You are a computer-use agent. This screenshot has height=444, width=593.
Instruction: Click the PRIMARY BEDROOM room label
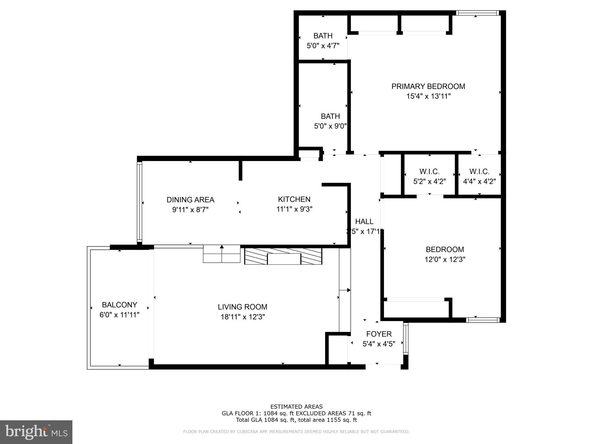pos(428,86)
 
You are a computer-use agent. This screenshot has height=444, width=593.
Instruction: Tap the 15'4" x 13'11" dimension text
pos(428,96)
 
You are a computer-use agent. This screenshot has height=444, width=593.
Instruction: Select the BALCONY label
pos(119,305)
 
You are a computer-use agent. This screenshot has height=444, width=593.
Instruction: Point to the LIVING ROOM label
pos(242,307)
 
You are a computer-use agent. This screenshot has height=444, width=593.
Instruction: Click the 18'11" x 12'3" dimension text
pos(242,317)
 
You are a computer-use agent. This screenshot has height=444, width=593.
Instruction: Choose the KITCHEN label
pos(294,199)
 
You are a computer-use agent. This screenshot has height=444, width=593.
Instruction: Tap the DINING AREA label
pos(190,200)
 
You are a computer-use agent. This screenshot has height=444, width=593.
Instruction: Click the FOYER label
pos(379,334)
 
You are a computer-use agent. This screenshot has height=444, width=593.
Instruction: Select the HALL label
pos(364,221)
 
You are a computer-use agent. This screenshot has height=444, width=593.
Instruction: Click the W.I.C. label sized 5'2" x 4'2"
pos(429,172)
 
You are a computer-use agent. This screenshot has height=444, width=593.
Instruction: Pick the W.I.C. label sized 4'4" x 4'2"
pos(479,172)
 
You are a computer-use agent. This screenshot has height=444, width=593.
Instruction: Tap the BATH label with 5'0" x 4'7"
pos(323,36)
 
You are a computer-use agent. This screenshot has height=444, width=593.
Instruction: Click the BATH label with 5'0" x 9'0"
pos(330,116)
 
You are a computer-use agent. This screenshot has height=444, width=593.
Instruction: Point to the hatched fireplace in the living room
pos(283,256)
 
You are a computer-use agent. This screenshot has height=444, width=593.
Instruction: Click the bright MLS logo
pos(36,432)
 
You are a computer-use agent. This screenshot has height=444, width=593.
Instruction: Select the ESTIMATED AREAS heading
pos(296,407)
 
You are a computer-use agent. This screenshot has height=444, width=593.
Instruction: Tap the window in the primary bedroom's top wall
pos(477,13)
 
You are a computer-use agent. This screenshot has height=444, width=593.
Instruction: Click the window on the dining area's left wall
pos(140,202)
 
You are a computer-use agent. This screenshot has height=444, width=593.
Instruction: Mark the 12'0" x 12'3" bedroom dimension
pos(444,259)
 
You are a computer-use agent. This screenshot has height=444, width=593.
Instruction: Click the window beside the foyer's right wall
pos(406,338)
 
